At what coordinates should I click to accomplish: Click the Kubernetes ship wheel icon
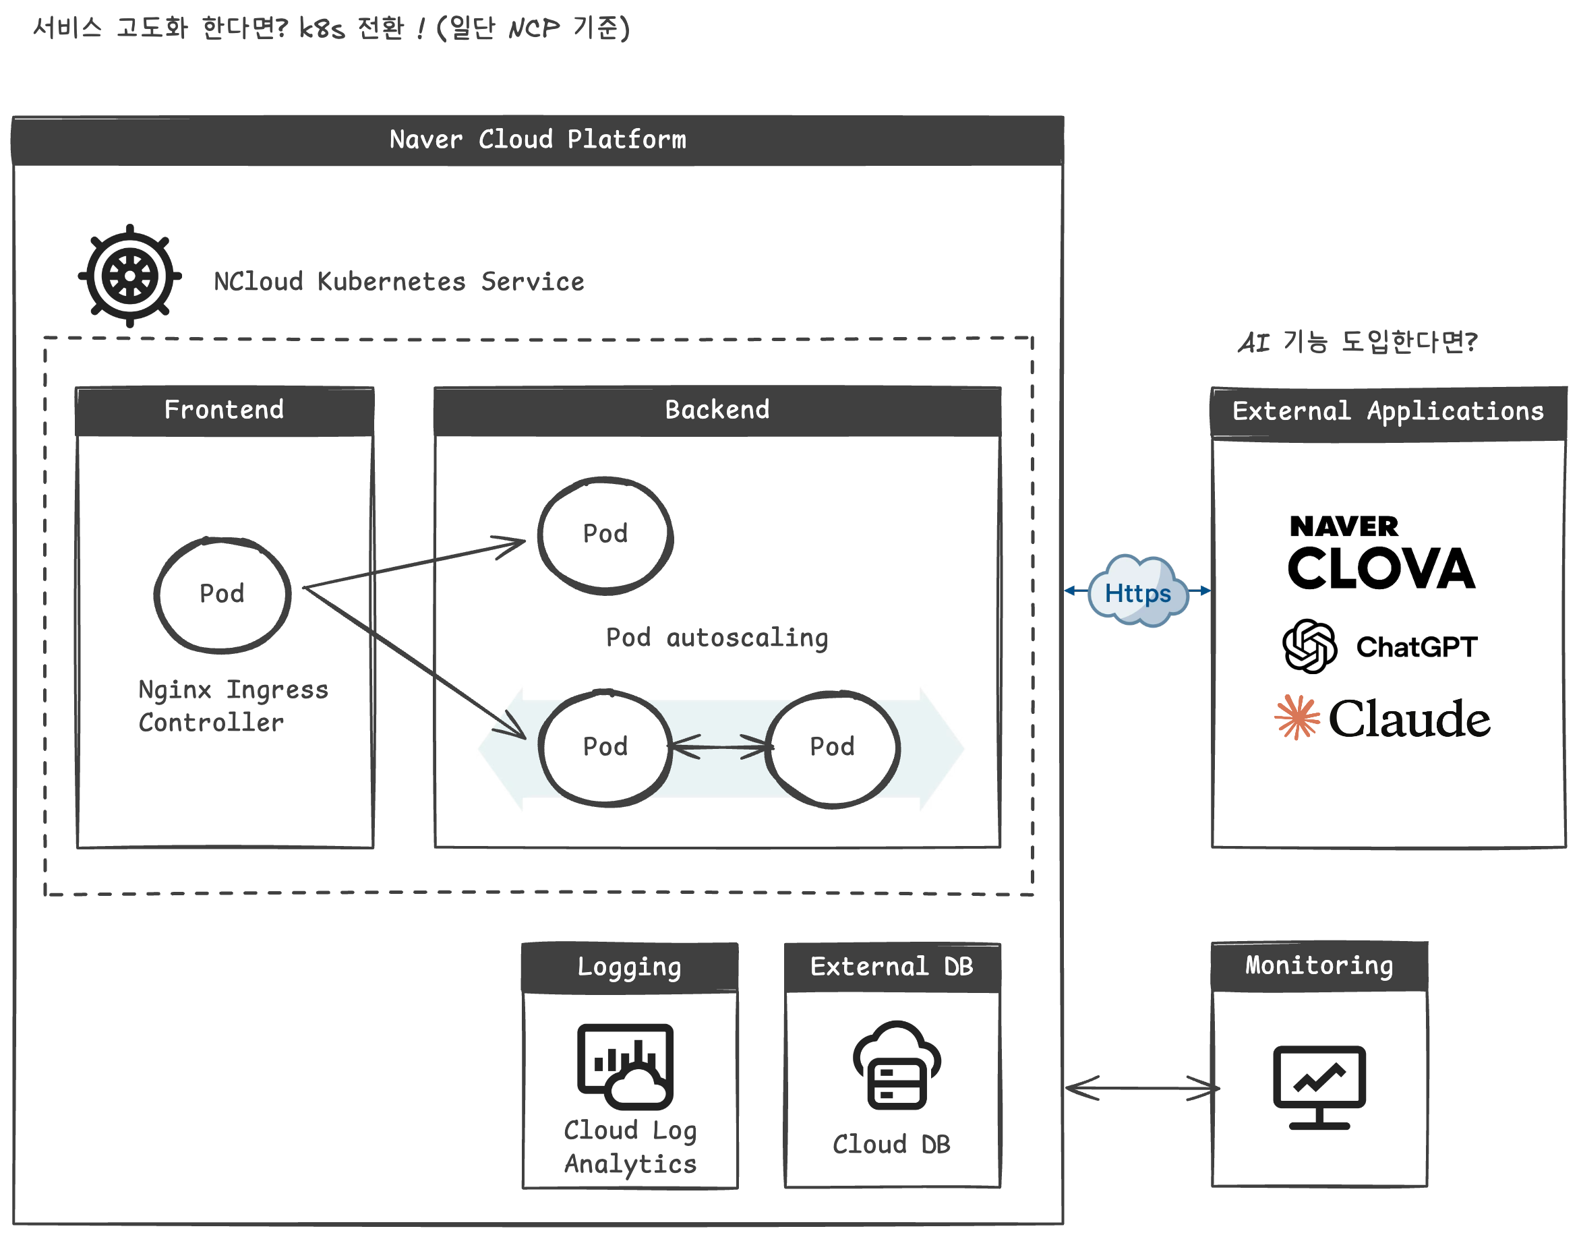click(129, 276)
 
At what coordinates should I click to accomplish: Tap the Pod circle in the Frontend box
click(222, 595)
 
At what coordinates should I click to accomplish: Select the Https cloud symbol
click(1137, 592)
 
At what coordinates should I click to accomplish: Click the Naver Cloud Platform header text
click(537, 139)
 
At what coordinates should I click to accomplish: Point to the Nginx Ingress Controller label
click(233, 705)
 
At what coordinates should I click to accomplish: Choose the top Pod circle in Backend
click(605, 535)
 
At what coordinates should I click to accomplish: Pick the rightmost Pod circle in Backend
click(832, 748)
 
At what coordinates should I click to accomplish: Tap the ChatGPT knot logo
click(1309, 646)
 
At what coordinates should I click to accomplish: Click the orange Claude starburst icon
click(1297, 717)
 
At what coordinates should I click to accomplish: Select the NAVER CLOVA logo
click(1380, 553)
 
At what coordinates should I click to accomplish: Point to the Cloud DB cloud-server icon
click(896, 1064)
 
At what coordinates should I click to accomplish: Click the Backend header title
click(717, 410)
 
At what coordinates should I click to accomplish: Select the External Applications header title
click(1388, 411)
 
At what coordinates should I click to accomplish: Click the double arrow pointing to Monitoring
click(1141, 1087)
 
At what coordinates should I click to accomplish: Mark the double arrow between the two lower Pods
click(719, 747)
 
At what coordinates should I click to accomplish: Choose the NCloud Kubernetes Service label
click(399, 282)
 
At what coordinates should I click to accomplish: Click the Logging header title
click(629, 967)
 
